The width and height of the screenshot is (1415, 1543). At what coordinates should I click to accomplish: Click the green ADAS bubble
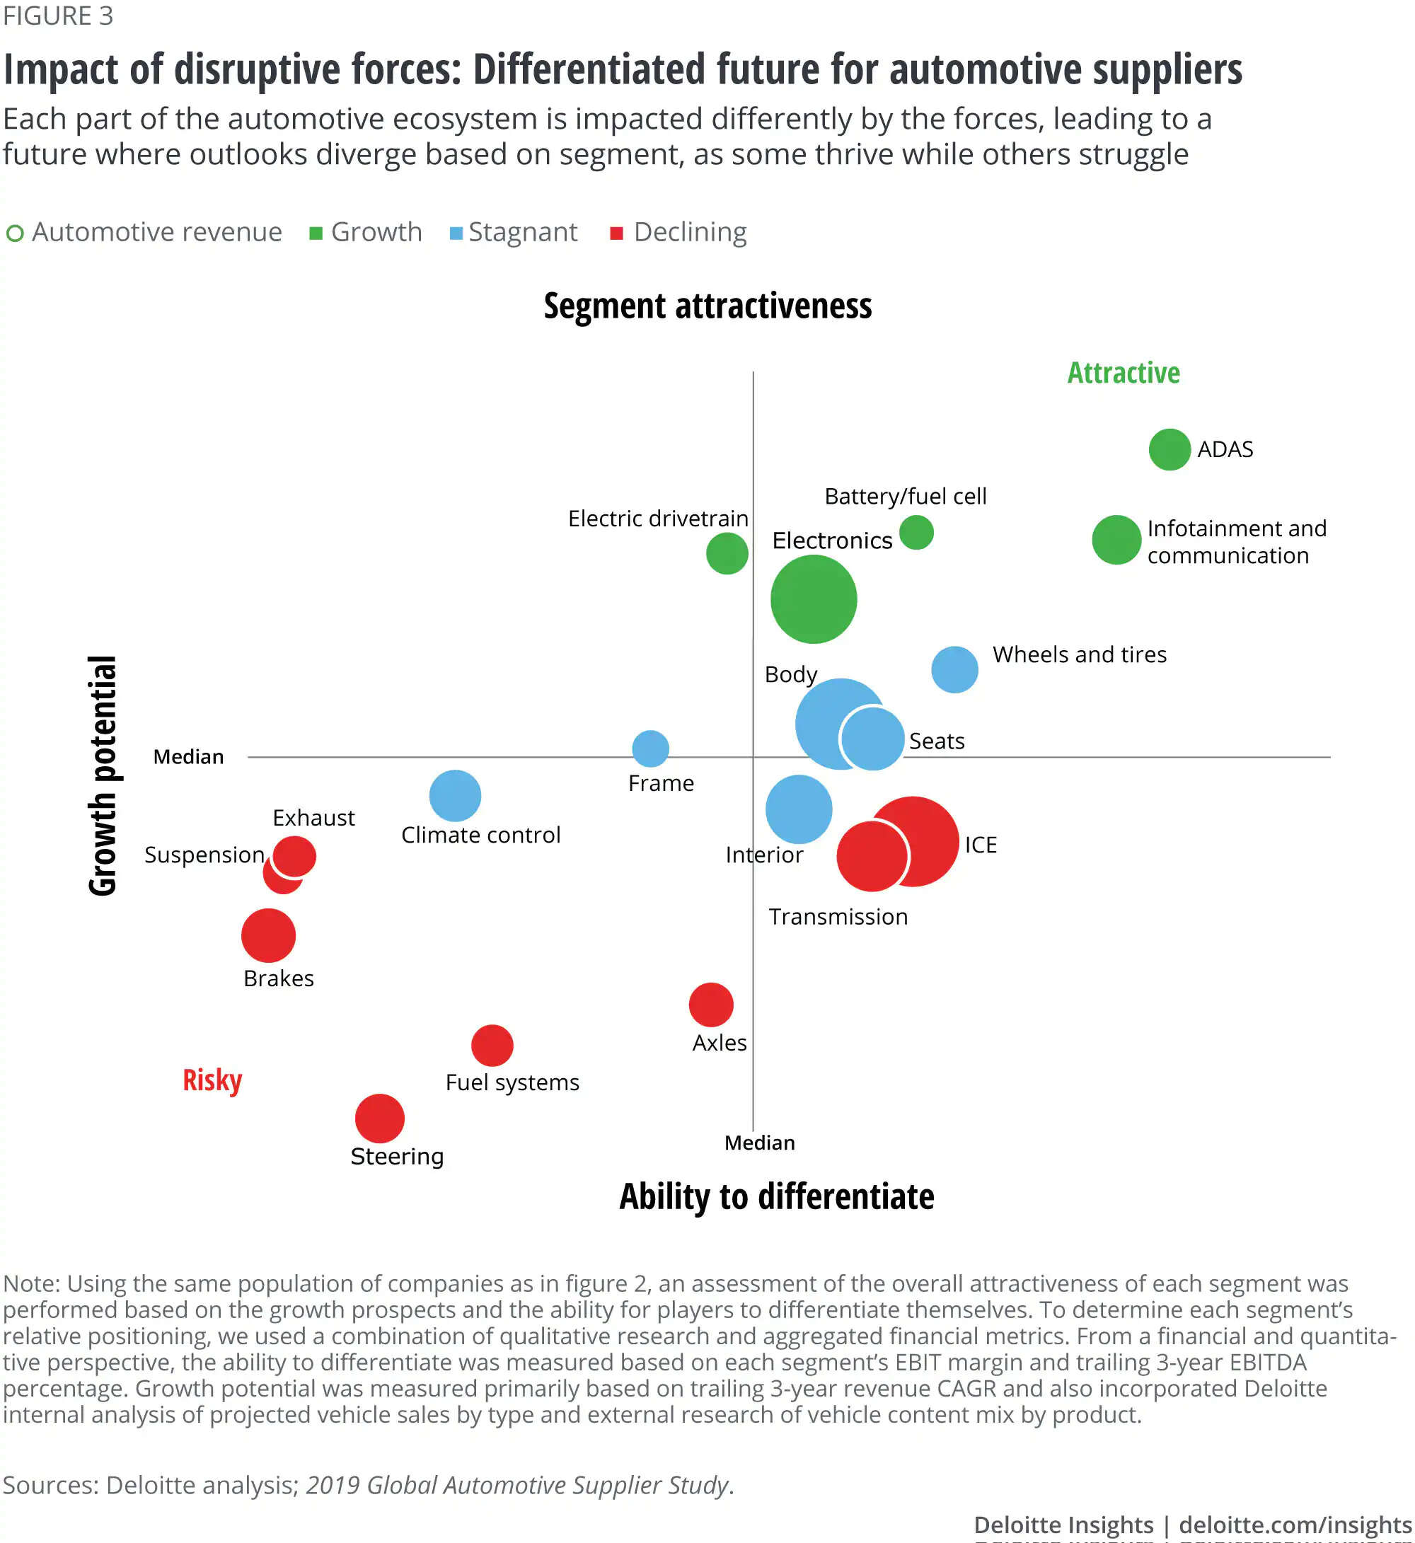pos(1169,449)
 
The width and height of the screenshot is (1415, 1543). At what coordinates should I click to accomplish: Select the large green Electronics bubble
pos(813,599)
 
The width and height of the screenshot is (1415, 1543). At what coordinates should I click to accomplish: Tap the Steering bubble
pos(380,1118)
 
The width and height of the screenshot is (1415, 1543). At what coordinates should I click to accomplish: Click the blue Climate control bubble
pos(455,796)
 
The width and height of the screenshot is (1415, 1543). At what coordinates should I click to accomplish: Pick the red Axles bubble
pos(710,1004)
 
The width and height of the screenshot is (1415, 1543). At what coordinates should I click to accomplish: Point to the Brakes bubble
pos(268,935)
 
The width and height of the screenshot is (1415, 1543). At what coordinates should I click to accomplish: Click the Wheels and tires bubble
pos(954,669)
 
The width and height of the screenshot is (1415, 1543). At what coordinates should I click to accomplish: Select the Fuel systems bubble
pos(492,1044)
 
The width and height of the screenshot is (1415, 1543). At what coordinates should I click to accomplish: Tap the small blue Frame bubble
pos(650,748)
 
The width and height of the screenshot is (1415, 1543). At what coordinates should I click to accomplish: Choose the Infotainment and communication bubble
pos(1116,540)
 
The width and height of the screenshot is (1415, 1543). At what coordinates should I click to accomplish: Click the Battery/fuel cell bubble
pos(916,532)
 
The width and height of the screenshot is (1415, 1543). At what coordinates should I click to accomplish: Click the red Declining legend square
pos(616,233)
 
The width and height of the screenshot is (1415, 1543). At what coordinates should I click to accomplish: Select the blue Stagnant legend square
pos(456,233)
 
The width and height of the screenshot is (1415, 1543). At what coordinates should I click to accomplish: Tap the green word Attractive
pos(1124,373)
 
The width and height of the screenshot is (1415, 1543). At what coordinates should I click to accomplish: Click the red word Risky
pos(212,1080)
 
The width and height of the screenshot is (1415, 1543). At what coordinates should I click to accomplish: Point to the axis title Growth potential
pos(103,775)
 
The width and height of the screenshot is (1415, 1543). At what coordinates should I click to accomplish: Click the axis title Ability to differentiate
pos(776,1196)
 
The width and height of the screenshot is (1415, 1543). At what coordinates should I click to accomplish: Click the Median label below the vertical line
pos(760,1143)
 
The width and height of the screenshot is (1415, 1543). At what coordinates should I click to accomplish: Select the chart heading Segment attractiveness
pos(707,306)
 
